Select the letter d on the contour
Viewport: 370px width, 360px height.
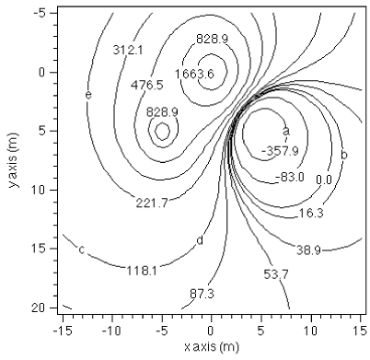[x=199, y=241]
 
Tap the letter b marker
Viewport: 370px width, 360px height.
[x=344, y=155]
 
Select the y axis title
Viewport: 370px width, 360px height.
[x=11, y=162]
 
